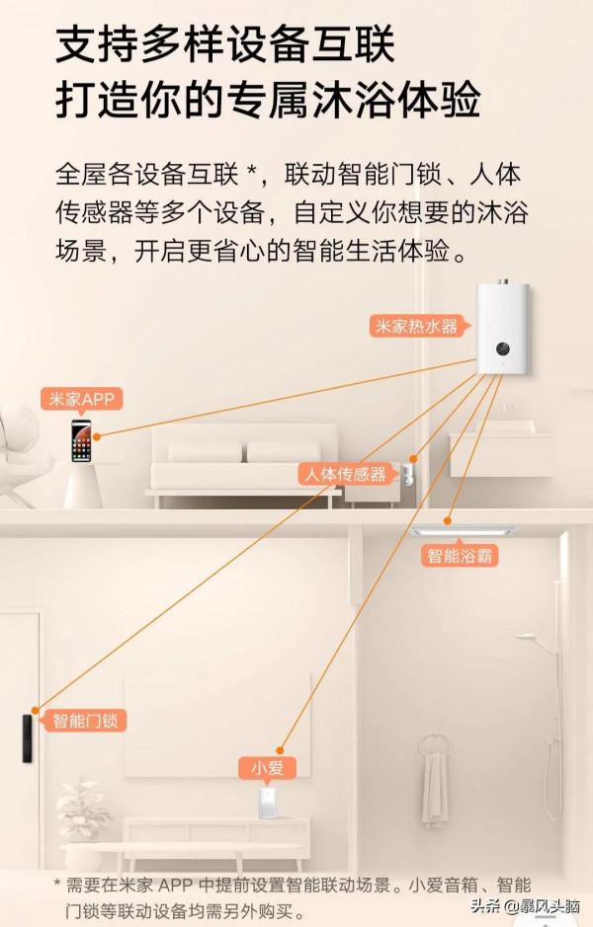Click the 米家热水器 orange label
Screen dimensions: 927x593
click(x=415, y=326)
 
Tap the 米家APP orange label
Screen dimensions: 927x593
click(x=82, y=399)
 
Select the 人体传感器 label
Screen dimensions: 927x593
click(x=345, y=474)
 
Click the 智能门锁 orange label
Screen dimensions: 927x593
click(x=87, y=720)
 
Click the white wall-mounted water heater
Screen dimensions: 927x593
click(x=504, y=330)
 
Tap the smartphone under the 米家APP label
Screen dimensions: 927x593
click(x=80, y=440)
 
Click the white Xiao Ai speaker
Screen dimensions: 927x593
click(x=266, y=802)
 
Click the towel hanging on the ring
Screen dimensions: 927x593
click(x=434, y=785)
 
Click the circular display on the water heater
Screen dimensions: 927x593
click(x=503, y=348)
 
